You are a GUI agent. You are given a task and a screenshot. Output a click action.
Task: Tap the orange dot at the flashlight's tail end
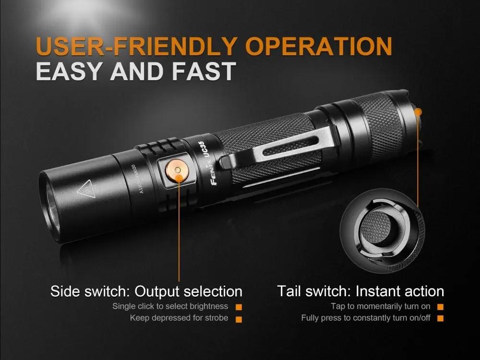click(x=418, y=112)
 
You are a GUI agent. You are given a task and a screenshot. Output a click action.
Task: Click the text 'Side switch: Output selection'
click(x=146, y=291)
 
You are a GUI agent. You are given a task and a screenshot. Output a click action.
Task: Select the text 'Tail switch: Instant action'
click(x=360, y=291)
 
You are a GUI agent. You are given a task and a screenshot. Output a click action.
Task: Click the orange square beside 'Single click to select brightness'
click(x=239, y=307)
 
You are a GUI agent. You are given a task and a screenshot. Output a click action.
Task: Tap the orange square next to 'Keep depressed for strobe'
click(x=239, y=318)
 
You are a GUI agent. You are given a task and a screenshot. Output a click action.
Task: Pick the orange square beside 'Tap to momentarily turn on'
click(x=440, y=307)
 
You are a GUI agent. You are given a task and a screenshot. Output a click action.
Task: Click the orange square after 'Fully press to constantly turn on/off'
click(x=440, y=318)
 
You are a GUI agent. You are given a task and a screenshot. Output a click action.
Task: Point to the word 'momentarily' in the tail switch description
click(x=379, y=306)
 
